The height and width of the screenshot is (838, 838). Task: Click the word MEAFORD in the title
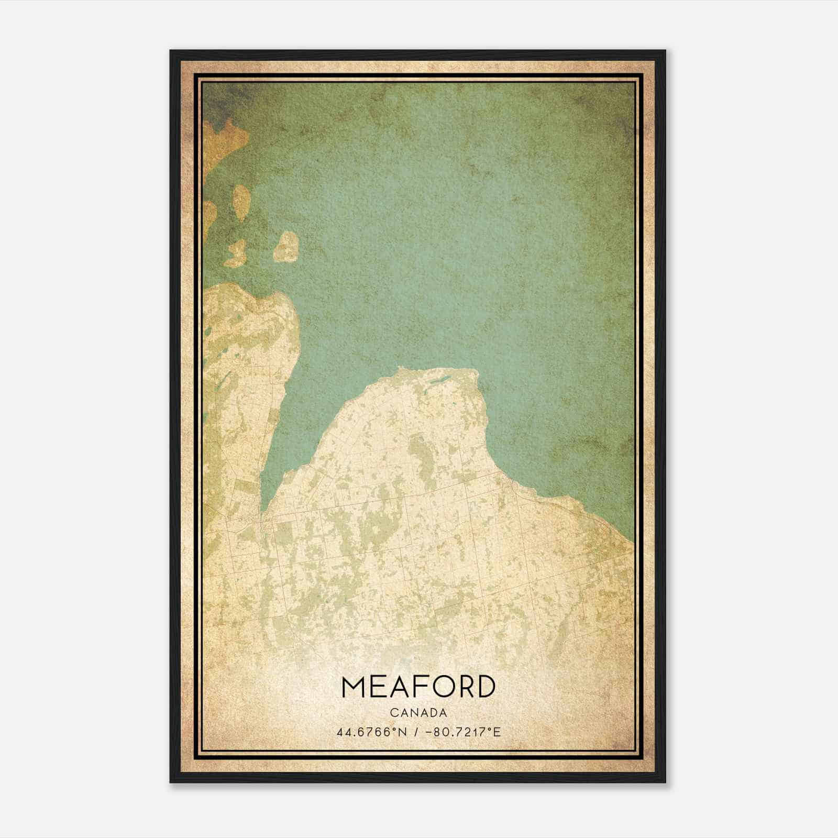point(418,687)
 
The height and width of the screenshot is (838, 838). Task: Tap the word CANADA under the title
point(418,713)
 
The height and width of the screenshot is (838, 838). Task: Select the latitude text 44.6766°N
point(372,731)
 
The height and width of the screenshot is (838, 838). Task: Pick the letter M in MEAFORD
point(354,687)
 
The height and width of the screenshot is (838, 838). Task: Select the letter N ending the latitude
point(402,731)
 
